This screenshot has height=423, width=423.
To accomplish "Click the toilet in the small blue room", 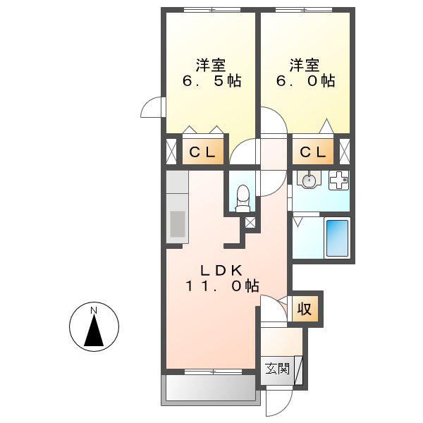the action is (x=243, y=198).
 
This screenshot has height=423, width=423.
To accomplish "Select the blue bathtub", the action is (x=337, y=238).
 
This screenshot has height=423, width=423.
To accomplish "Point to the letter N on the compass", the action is (x=94, y=310).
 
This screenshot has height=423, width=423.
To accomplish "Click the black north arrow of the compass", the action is (x=94, y=330).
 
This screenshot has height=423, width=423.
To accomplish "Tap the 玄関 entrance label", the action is (x=277, y=368).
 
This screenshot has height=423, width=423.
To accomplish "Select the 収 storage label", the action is (x=305, y=309).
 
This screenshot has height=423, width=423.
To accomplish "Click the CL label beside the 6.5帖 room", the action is (x=202, y=153).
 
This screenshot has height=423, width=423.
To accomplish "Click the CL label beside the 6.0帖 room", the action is (x=313, y=153).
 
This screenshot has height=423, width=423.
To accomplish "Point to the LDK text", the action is (x=221, y=271).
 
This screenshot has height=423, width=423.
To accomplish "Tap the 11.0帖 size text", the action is (x=222, y=286).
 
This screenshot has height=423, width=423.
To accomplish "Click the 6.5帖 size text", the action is (x=211, y=80).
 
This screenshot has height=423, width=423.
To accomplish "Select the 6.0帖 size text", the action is (x=306, y=80).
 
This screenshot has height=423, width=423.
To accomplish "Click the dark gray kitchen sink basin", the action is (x=178, y=224).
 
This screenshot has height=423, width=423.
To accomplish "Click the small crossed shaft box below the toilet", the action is (x=250, y=223).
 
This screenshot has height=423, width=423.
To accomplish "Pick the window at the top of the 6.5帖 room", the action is (x=212, y=10).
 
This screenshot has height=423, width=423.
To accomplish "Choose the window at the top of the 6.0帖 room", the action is (x=304, y=10).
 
